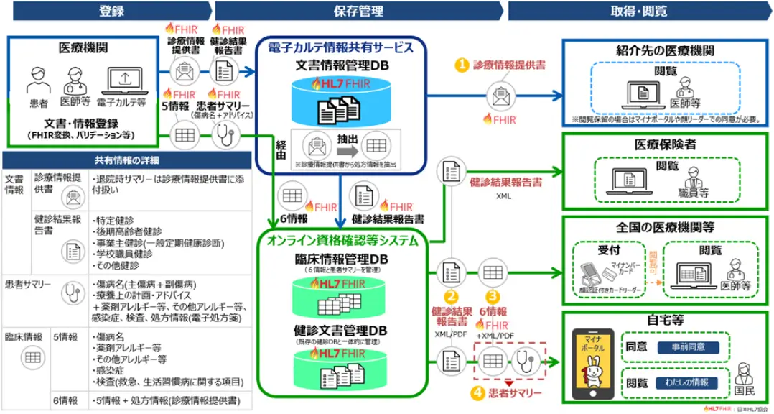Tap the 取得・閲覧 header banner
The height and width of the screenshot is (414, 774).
click(638, 11)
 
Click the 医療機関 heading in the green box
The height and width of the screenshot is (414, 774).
click(83, 48)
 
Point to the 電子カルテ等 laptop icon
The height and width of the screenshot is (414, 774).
click(125, 80)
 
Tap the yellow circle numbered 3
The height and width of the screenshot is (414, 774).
click(492, 296)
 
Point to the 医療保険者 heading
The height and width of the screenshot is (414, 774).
click(664, 144)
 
